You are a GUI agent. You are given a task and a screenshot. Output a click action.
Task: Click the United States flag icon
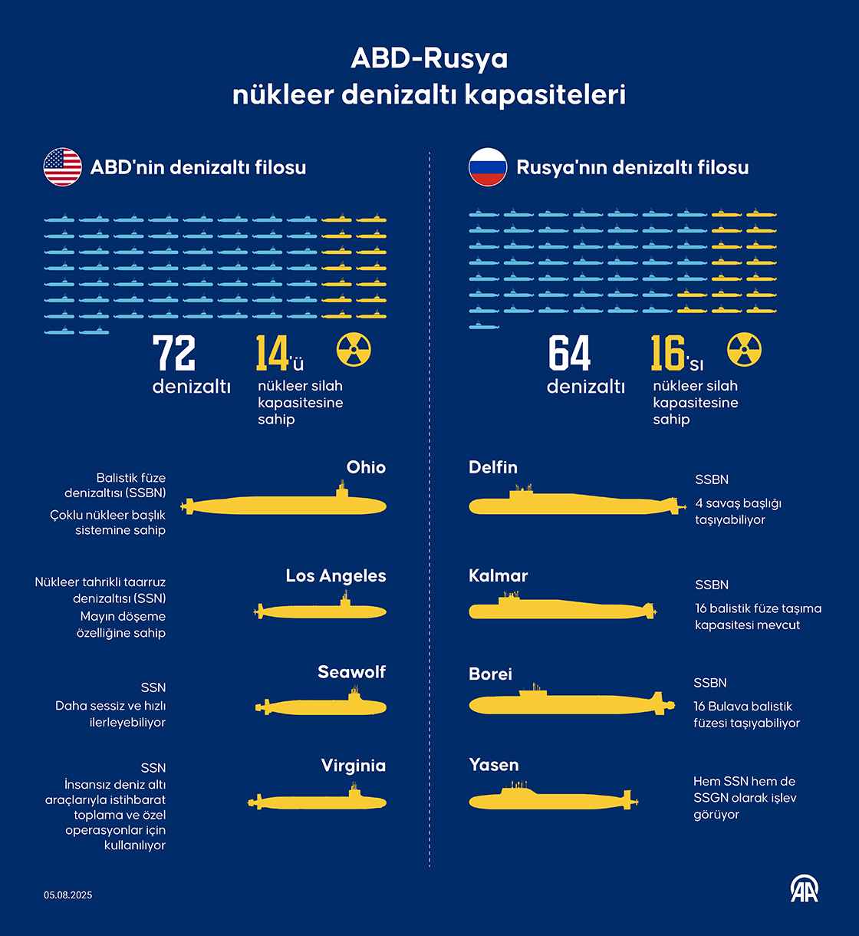(x=63, y=167)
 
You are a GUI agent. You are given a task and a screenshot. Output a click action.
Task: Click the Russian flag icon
(x=488, y=167)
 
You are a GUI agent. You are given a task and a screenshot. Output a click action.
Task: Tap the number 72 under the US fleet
(x=174, y=354)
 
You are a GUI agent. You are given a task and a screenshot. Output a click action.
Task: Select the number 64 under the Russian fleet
(x=569, y=354)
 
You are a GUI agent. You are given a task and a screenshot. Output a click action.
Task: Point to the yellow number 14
(x=272, y=354)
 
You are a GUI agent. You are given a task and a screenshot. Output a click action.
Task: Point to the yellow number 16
(x=667, y=354)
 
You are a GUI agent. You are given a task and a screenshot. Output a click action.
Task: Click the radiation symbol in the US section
(x=354, y=350)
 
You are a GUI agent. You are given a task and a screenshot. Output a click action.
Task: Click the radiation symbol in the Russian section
(x=744, y=350)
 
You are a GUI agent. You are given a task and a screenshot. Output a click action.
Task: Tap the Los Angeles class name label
(x=336, y=576)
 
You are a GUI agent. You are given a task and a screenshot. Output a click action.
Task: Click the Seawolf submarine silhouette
(x=322, y=706)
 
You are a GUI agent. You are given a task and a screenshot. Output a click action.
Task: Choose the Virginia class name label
(x=354, y=766)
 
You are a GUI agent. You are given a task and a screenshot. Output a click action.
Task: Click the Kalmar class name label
(x=499, y=576)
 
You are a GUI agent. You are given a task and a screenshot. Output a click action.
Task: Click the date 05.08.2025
(x=68, y=895)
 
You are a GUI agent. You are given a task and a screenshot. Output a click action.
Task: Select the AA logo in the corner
(x=805, y=889)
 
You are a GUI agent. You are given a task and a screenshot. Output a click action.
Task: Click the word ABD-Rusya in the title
(x=429, y=59)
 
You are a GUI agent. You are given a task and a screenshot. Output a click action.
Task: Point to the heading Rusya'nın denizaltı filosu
(x=633, y=167)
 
